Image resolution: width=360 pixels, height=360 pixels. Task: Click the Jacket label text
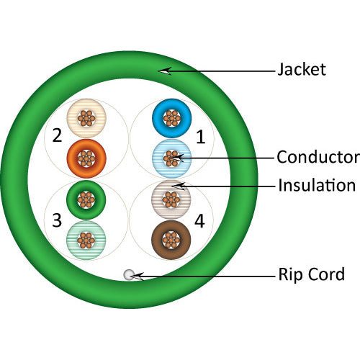302,70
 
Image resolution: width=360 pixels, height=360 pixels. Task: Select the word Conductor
318,157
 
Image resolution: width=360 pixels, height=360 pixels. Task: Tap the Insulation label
317,185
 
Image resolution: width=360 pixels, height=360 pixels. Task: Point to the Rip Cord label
311,274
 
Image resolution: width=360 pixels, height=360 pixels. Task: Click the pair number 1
200,135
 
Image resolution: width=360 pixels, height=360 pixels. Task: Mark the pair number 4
199,221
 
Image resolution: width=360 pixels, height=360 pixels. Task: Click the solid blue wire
171,119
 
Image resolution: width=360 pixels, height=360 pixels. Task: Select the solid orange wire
86,157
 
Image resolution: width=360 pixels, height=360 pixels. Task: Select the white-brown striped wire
171,199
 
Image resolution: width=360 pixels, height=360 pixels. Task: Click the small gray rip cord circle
129,274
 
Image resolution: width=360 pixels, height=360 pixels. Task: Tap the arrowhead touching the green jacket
165,71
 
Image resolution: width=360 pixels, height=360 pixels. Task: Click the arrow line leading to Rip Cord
209,274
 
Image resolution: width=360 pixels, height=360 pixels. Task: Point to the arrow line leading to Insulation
230,186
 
